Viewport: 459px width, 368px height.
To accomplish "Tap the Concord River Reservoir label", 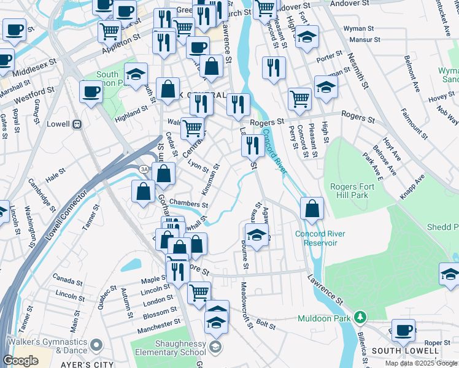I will tap(320, 238).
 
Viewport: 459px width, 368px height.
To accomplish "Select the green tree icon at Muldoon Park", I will tap(361, 318).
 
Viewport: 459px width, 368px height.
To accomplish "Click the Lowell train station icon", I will tap(77, 124).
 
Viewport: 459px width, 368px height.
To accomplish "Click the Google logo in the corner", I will tap(21, 360).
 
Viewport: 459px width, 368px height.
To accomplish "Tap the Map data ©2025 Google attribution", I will tap(422, 363).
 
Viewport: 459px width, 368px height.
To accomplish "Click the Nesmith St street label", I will tap(360, 74).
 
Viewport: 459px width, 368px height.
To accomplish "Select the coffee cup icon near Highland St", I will tap(91, 92).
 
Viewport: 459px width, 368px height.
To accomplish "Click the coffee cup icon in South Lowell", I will tap(403, 330).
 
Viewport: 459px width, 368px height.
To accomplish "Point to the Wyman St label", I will tap(358, 29).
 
